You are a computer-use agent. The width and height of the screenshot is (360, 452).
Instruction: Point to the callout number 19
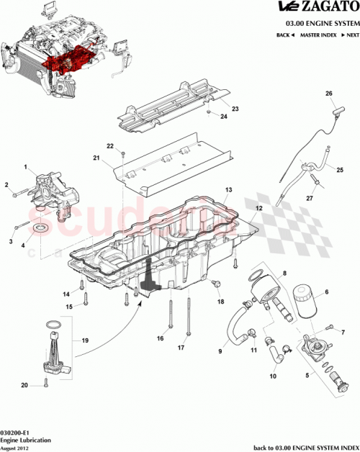tap(85, 339)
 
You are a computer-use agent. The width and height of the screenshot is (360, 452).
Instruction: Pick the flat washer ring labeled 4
tap(42, 230)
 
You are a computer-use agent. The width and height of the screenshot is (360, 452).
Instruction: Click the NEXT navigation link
tap(348, 35)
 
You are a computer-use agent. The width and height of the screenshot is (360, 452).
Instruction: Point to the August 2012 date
tap(16, 446)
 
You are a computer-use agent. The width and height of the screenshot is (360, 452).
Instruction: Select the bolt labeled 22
tap(124, 154)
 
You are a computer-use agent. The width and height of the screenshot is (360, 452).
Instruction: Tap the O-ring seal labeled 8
tap(256, 276)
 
